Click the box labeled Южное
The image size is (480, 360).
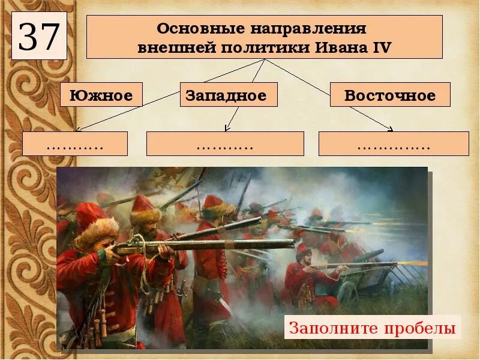101,95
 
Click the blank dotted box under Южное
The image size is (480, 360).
75,144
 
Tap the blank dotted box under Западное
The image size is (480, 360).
225,144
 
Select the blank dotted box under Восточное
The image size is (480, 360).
394,144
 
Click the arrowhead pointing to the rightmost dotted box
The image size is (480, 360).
391,128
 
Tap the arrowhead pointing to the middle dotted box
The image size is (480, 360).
227,128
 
